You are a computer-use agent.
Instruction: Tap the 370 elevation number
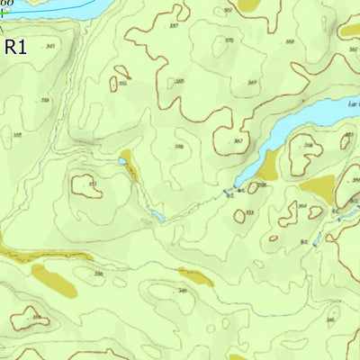(229, 40)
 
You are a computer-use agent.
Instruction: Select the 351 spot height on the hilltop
(92, 184)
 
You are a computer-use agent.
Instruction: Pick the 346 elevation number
(180, 146)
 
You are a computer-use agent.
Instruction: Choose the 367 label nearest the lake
(238, 141)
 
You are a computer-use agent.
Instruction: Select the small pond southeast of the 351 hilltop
(157, 215)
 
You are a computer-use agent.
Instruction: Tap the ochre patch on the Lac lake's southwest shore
(266, 166)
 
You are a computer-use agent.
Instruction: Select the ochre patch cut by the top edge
(242, 7)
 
